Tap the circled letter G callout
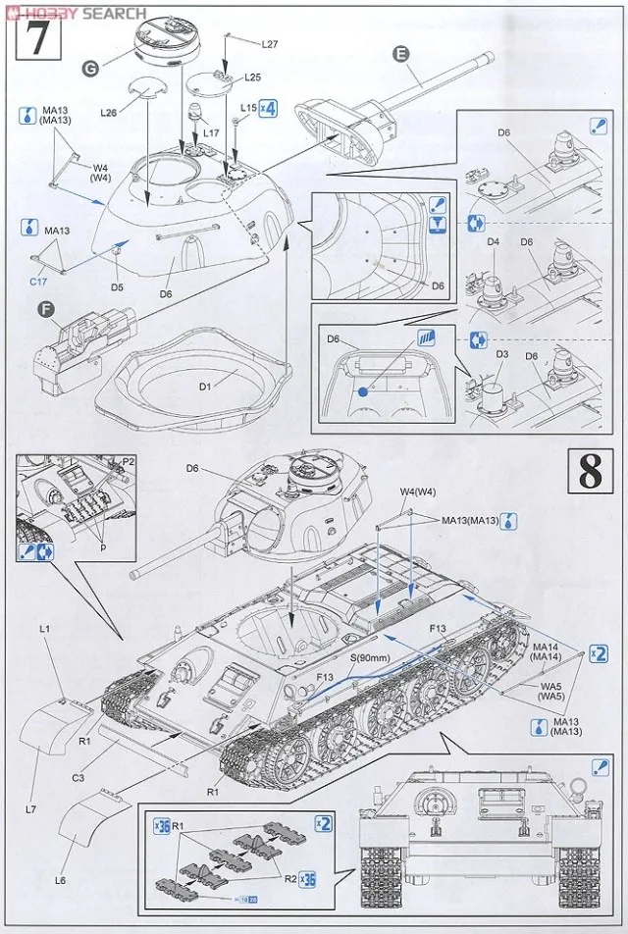(x=90, y=69)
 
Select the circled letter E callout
(x=400, y=54)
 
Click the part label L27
(x=270, y=44)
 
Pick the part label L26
(x=109, y=114)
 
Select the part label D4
(x=494, y=241)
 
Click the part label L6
(x=60, y=880)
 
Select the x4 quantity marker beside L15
(x=267, y=108)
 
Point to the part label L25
(x=252, y=77)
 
